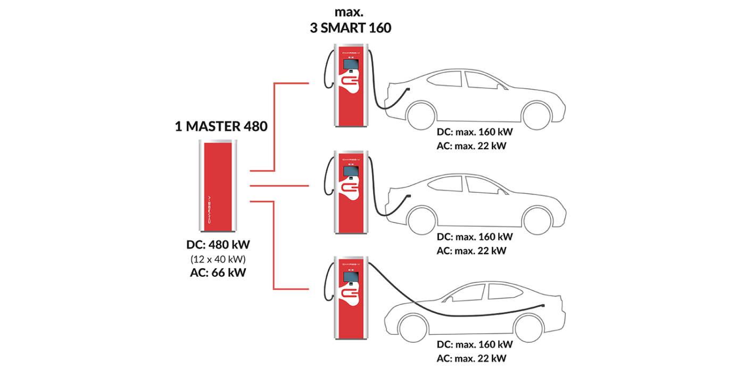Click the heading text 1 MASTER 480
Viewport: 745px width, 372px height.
pos(221,126)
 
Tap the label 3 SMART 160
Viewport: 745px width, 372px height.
pos(351,28)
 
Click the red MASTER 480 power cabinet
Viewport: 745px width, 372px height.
pos(218,185)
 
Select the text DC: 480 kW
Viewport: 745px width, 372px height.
pos(218,245)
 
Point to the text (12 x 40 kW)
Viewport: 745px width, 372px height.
pos(218,259)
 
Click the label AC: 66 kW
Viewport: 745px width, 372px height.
pos(218,273)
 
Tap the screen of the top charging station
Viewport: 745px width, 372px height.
pos(351,64)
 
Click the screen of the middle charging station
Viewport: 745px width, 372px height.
pos(351,171)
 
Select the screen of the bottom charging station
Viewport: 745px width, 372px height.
pos(351,277)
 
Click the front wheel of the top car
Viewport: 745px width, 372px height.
pos(536,115)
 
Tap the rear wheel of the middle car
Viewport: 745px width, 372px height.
pos(421,220)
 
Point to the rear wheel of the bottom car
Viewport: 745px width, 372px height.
pos(529,328)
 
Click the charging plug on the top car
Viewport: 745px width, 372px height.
pos(408,89)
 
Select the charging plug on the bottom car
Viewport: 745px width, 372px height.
pos(542,305)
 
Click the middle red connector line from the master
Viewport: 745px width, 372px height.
pos(279,185)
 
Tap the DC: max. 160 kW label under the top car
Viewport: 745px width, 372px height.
pos(475,132)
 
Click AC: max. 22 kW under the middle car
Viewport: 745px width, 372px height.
pos(471,251)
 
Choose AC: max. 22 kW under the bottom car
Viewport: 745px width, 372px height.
pos(471,358)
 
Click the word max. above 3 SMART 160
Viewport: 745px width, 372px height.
pos(349,12)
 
